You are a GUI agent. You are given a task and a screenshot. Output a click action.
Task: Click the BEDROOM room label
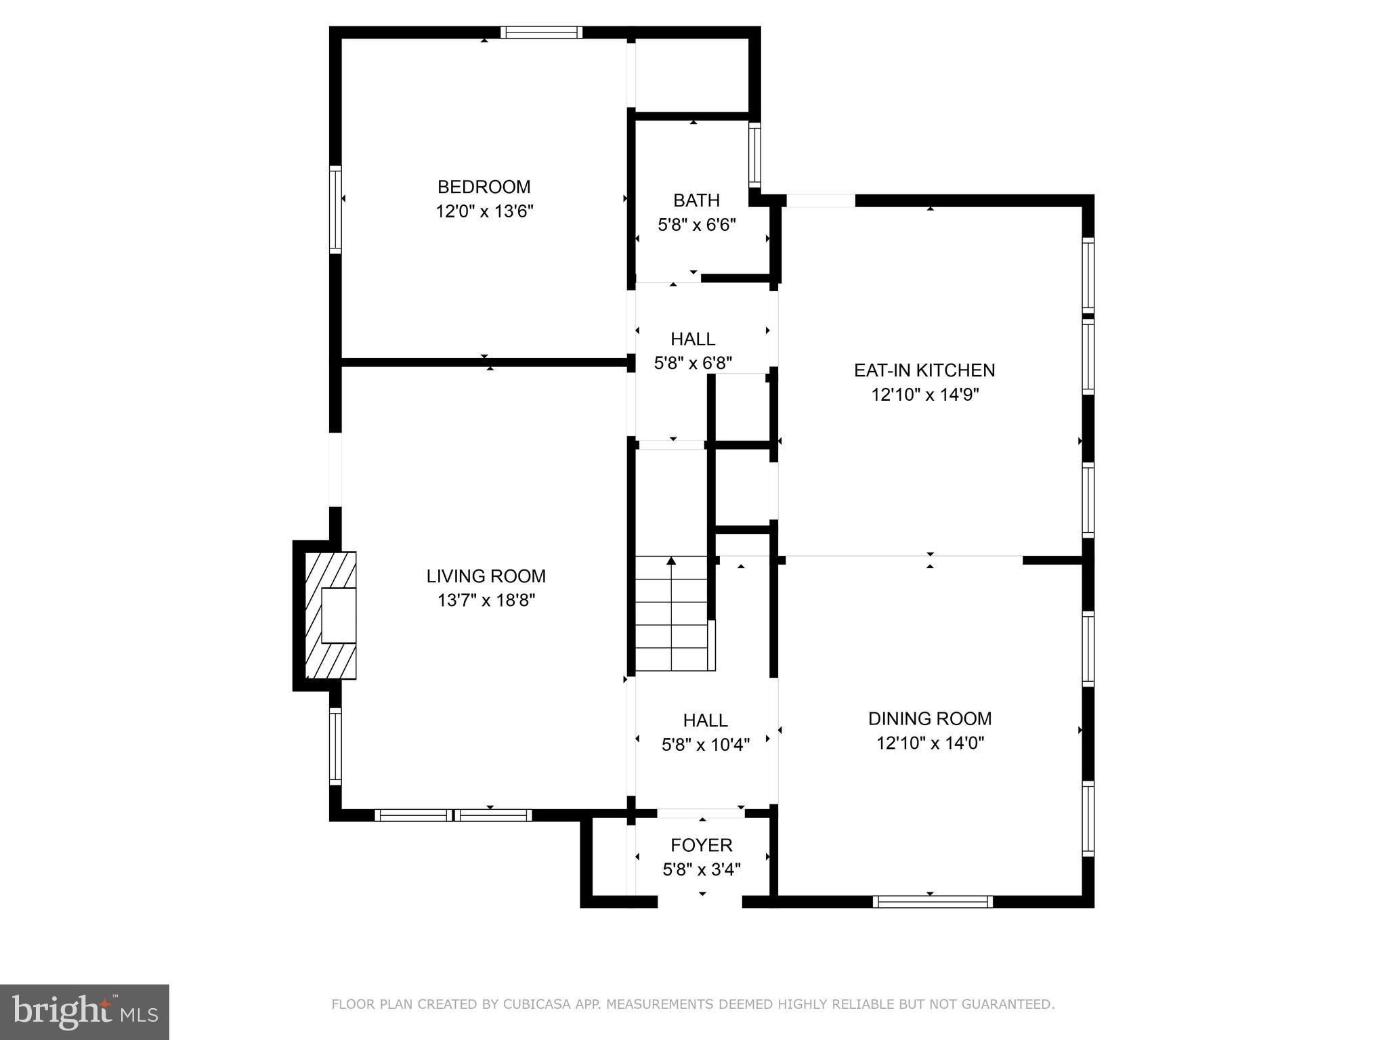pyautogui.click(x=484, y=187)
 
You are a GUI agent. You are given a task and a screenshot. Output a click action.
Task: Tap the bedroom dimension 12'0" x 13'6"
pyautogui.click(x=484, y=212)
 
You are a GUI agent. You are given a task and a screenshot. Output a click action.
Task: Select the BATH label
pyautogui.click(x=696, y=200)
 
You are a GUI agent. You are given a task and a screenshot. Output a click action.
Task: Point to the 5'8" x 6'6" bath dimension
pyautogui.click(x=696, y=225)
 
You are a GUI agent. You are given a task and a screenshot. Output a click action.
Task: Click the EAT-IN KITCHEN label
pyautogui.click(x=924, y=370)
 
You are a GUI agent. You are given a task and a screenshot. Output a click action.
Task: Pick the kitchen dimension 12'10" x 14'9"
pyautogui.click(x=924, y=395)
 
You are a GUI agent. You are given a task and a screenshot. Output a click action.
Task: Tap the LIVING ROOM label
pyautogui.click(x=486, y=576)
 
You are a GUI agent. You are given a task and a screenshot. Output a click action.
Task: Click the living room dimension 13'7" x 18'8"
pyautogui.click(x=486, y=601)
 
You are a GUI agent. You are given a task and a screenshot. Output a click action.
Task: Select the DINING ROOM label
pyautogui.click(x=929, y=718)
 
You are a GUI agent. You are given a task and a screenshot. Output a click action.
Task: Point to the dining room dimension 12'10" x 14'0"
pyautogui.click(x=929, y=743)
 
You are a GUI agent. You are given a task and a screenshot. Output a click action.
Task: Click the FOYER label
pyautogui.click(x=701, y=845)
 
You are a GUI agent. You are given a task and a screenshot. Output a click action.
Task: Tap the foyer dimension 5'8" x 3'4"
pyautogui.click(x=701, y=869)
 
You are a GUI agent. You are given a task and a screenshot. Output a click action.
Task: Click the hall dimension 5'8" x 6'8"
pyautogui.click(x=692, y=364)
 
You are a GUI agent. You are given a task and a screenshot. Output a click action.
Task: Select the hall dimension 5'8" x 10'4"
pyautogui.click(x=705, y=745)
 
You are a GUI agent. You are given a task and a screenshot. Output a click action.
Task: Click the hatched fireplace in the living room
pyautogui.click(x=330, y=615)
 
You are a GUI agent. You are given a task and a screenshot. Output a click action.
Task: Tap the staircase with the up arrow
pyautogui.click(x=671, y=613)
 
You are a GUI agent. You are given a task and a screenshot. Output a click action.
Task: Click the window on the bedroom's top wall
pyautogui.click(x=541, y=32)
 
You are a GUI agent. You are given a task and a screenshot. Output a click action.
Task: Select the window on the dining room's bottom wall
pyautogui.click(x=932, y=901)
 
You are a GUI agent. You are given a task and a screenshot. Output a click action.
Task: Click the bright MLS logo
pyautogui.click(x=84, y=1012)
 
